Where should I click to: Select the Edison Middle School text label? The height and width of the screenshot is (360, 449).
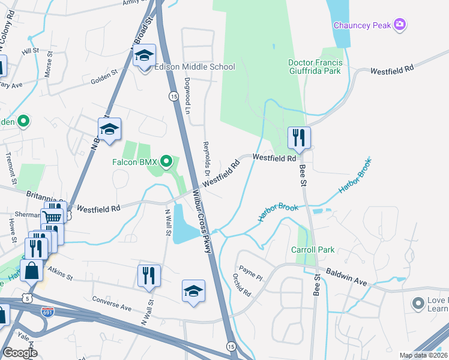194,67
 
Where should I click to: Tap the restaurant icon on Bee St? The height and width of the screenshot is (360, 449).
298,138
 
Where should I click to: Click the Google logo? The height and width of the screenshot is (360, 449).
20,353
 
